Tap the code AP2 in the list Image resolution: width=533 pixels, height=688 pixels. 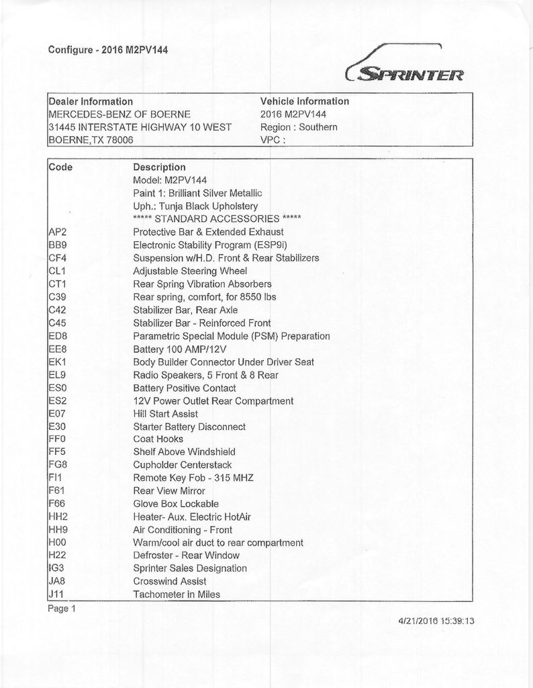click(57, 232)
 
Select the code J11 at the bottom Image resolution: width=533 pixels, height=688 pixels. click(56, 594)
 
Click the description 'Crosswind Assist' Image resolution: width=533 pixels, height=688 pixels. click(170, 581)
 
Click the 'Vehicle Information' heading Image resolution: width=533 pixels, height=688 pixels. click(304, 101)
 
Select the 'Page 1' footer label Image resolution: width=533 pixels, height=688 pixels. click(62, 609)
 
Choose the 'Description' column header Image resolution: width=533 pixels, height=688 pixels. click(159, 167)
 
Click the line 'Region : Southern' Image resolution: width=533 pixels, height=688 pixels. click(298, 127)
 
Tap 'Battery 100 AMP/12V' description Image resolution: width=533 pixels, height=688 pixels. click(181, 349)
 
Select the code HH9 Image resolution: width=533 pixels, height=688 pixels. click(58, 529)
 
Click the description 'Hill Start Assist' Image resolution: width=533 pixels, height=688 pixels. click(165, 413)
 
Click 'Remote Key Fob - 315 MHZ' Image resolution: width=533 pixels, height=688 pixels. click(193, 478)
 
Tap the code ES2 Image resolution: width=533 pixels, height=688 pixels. click(58, 400)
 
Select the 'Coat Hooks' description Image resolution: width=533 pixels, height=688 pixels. click(158, 439)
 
